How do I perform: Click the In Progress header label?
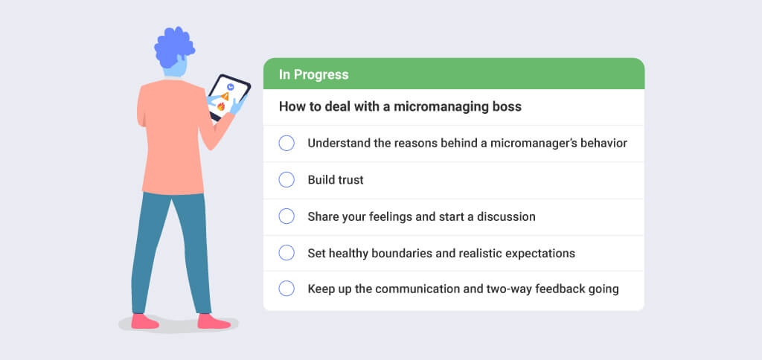pyautogui.click(x=313, y=74)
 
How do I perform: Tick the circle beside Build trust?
pyautogui.click(x=286, y=180)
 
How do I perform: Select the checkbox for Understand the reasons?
pyautogui.click(x=286, y=143)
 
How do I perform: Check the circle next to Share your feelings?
pyautogui.click(x=286, y=216)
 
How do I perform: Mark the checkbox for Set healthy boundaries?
pyautogui.click(x=286, y=253)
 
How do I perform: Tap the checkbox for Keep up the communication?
pyautogui.click(x=286, y=289)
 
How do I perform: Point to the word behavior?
pyautogui.click(x=603, y=143)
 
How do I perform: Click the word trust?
pyautogui.click(x=350, y=180)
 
